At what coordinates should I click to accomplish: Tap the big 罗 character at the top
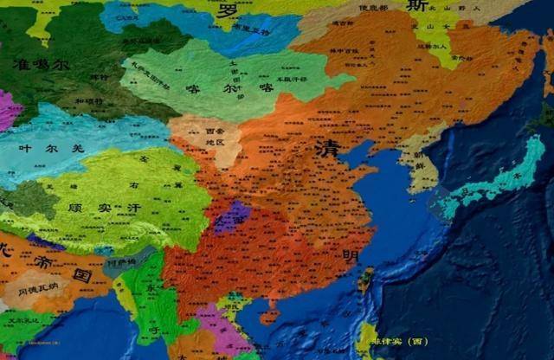click(x=228, y=12)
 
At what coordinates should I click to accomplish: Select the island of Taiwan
click(x=365, y=278)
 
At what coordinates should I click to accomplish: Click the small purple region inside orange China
click(x=232, y=216)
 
